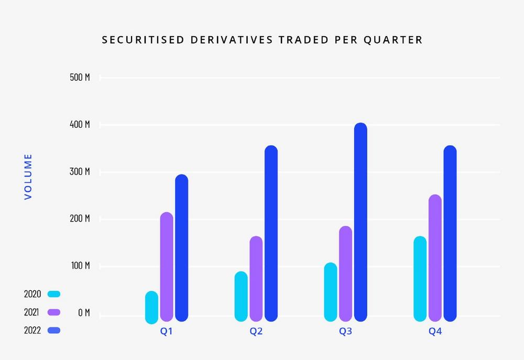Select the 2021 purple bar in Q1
[167, 267]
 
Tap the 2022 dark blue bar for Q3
[361, 222]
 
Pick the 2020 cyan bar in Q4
[420, 279]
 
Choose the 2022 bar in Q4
[450, 233]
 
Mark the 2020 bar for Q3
[331, 292]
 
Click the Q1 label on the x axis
[167, 332]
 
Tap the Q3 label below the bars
[345, 332]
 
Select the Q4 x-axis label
[435, 332]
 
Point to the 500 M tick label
[80, 78]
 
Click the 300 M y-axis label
[80, 172]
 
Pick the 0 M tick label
[83, 313]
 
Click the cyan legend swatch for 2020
[54, 294]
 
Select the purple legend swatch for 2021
[54, 312]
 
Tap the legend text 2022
[32, 331]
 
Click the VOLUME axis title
[28, 176]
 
